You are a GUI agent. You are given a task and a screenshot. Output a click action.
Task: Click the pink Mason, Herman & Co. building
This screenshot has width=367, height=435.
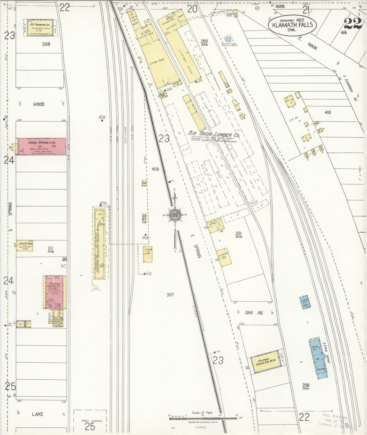42,146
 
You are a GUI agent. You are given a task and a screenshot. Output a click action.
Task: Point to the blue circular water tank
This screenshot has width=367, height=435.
229,39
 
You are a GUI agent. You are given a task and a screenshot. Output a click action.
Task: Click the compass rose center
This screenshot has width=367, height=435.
175,215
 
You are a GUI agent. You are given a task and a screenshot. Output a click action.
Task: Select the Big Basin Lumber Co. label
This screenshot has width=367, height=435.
214,133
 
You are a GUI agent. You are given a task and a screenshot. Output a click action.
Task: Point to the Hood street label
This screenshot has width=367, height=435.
39,104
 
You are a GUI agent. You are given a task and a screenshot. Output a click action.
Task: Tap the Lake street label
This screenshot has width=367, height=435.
38,414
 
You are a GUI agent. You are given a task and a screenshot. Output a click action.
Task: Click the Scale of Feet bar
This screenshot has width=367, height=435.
203,418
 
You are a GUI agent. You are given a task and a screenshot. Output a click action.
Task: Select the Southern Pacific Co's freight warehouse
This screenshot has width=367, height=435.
100,244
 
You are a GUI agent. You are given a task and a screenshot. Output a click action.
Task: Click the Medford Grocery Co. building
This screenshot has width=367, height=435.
54,292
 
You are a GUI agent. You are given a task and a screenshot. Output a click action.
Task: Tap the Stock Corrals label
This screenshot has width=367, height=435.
90,421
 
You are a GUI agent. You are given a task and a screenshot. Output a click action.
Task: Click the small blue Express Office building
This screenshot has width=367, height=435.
305,302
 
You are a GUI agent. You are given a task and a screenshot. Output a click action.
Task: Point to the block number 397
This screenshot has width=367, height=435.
170,295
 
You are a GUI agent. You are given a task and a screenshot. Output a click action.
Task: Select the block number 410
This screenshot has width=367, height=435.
328,112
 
